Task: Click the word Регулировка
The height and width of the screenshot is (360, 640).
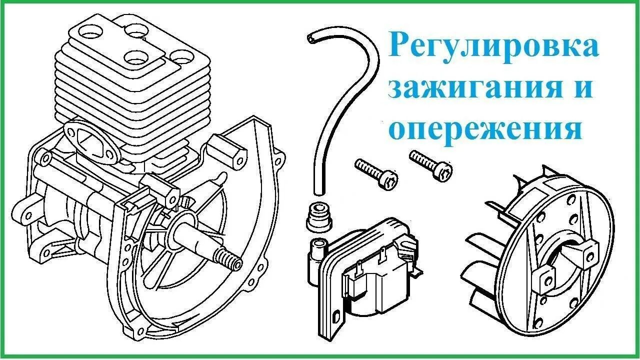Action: pyautogui.click(x=493, y=46)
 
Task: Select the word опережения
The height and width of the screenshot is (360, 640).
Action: pyautogui.click(x=485, y=128)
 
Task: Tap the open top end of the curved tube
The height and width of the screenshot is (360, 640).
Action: pyautogui.click(x=311, y=38)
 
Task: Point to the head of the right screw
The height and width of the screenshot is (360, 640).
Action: pyautogui.click(x=445, y=173)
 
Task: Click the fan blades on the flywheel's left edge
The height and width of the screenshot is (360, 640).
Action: pyautogui.click(x=482, y=265)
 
